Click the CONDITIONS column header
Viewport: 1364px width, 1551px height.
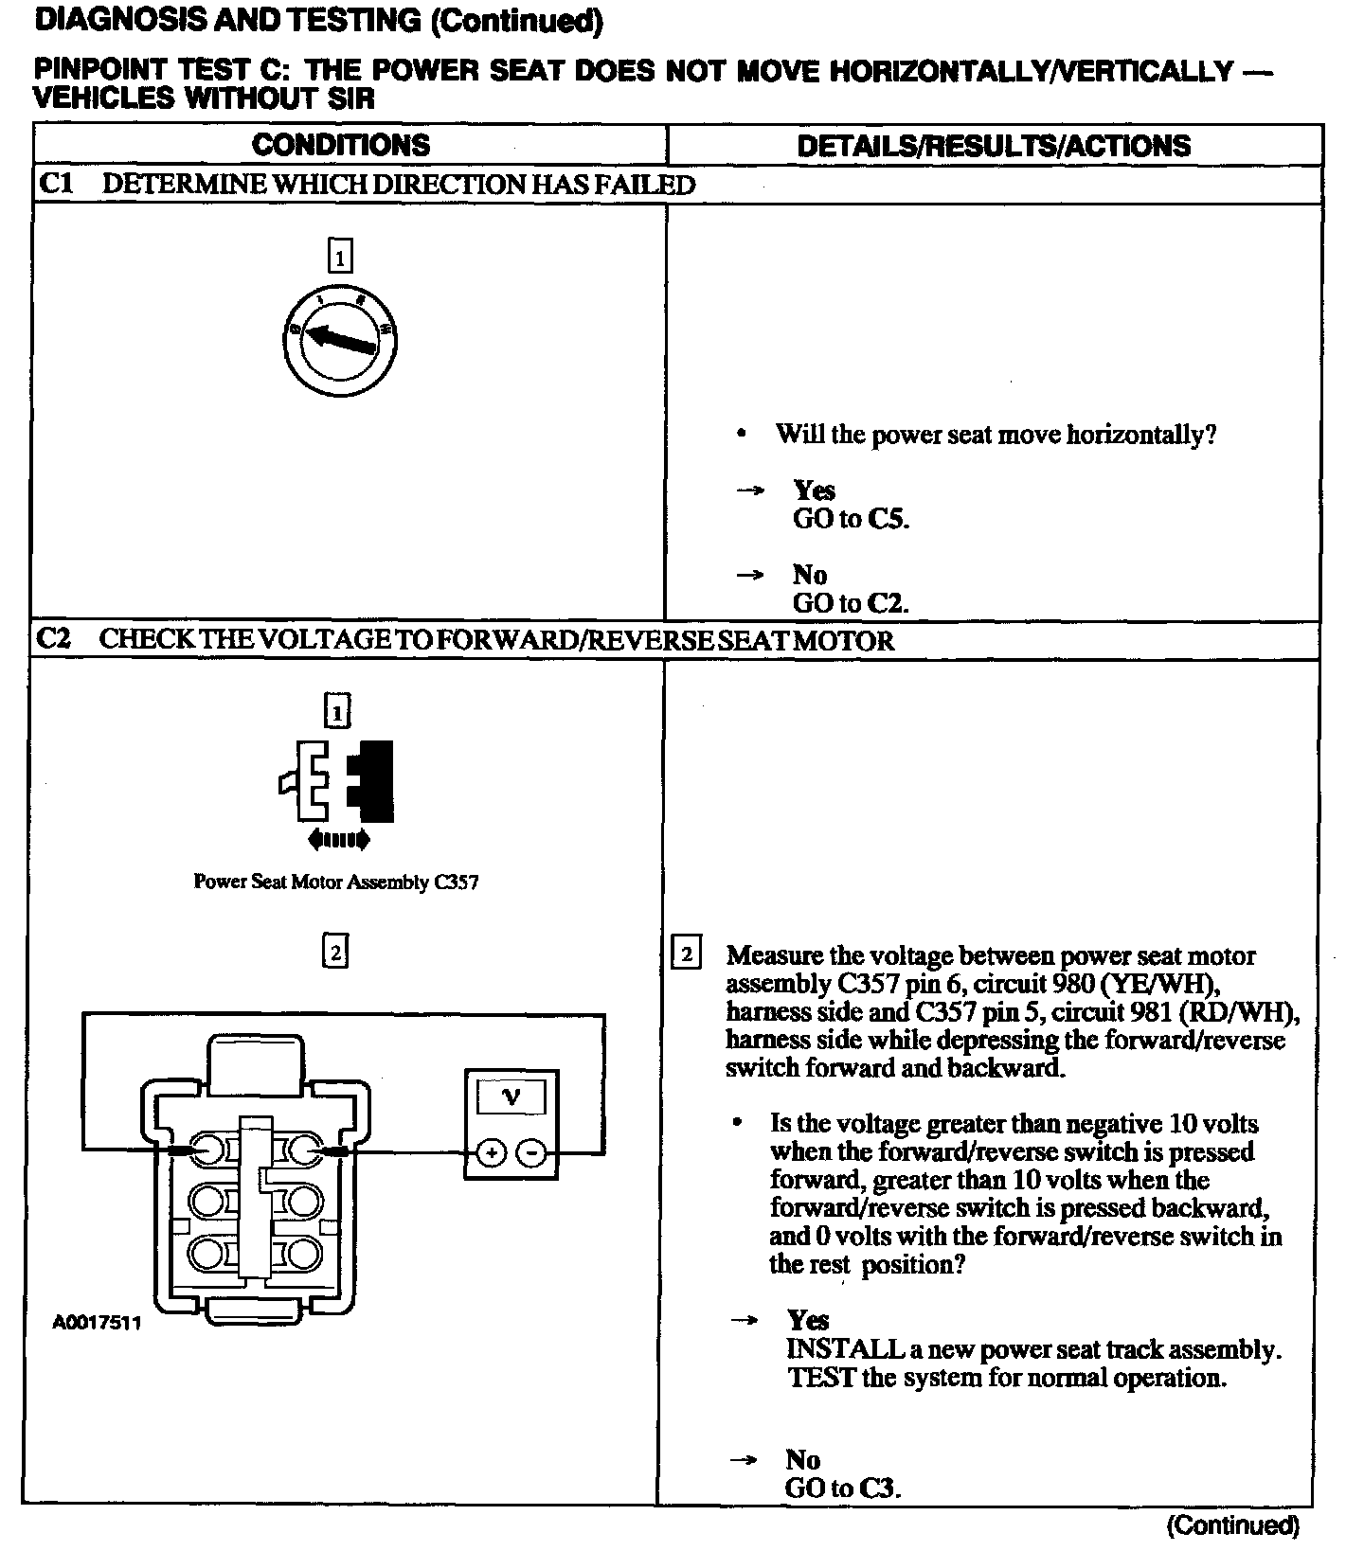tap(340, 145)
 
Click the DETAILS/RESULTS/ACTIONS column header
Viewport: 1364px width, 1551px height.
tap(994, 146)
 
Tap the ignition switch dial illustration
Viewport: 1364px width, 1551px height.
tap(340, 340)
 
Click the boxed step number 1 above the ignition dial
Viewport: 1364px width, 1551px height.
tap(339, 257)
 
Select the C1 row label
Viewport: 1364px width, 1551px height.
tap(55, 184)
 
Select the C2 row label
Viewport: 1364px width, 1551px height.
tap(54, 639)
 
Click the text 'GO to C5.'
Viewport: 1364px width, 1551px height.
tap(851, 519)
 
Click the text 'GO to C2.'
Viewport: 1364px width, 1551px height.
tap(851, 603)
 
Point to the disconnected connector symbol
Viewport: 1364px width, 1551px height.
tap(337, 780)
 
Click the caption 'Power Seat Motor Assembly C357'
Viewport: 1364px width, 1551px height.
tap(336, 882)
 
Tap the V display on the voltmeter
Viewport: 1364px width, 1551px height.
tap(511, 1097)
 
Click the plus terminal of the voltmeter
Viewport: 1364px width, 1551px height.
tap(491, 1152)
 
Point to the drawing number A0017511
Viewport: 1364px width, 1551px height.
tap(97, 1323)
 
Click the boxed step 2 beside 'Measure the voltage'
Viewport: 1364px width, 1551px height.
tap(685, 953)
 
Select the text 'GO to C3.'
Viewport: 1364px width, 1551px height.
tap(843, 1488)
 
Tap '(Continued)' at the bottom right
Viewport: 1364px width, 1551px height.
tap(1232, 1524)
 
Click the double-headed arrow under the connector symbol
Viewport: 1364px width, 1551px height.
tap(338, 839)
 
